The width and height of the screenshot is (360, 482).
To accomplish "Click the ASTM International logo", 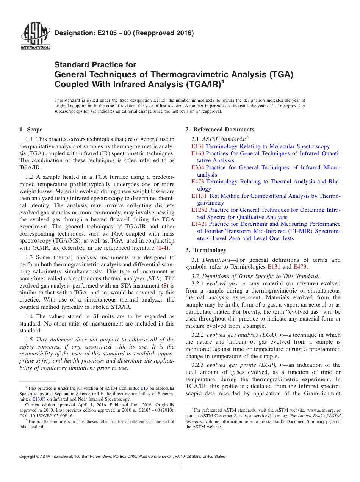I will (35, 36).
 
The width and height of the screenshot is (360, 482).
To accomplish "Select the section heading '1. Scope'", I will (31, 130).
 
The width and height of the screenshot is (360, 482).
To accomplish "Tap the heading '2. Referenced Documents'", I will (220, 130).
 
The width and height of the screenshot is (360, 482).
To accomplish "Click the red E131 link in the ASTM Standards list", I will (198, 146).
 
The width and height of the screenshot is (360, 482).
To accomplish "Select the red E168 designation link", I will (198, 153).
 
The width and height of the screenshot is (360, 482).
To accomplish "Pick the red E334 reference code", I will (198, 167).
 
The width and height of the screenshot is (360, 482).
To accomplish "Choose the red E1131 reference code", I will (199, 196).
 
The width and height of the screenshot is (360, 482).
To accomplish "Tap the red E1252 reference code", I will (199, 210).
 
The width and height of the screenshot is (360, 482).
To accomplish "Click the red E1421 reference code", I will (199, 224).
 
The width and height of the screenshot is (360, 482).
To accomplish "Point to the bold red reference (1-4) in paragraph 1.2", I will (162, 248).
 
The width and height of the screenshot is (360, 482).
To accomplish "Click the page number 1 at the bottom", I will (180, 466).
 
